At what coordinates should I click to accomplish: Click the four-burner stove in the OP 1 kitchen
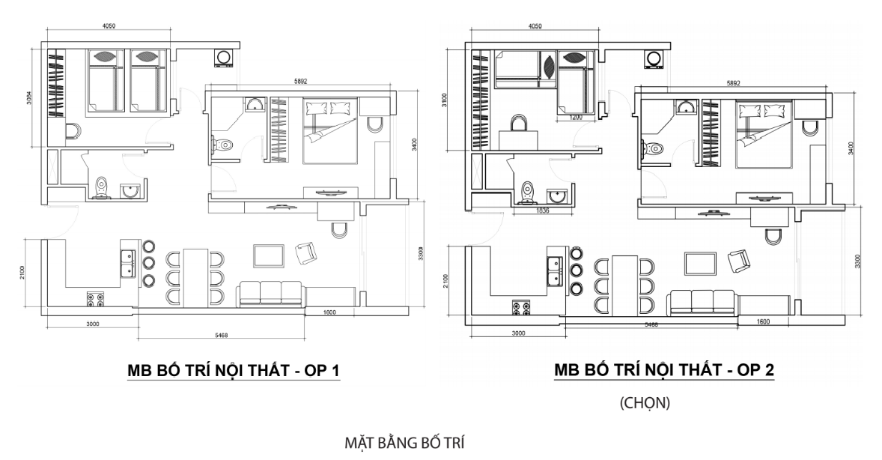pos(96,300)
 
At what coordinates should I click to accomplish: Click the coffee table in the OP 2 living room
pos(700,264)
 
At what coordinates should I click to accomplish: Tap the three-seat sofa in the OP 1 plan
pos(270,294)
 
